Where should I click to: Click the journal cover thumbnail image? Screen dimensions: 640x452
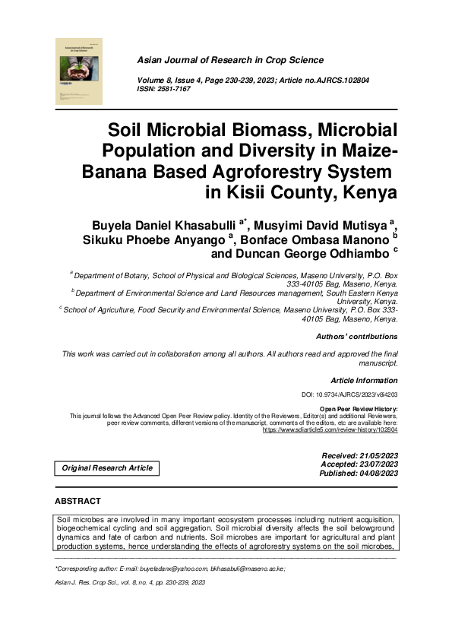(79, 71)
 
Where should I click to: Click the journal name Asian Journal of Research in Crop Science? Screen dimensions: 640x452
(229, 60)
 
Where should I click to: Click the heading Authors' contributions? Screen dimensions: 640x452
(356, 336)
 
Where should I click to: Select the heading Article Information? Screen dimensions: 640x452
(364, 379)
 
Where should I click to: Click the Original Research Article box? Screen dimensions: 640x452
(107, 468)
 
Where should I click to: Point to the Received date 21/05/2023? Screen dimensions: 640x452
(377, 455)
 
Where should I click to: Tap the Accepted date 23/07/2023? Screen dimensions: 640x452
(377, 464)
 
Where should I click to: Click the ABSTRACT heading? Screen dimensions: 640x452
(77, 502)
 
